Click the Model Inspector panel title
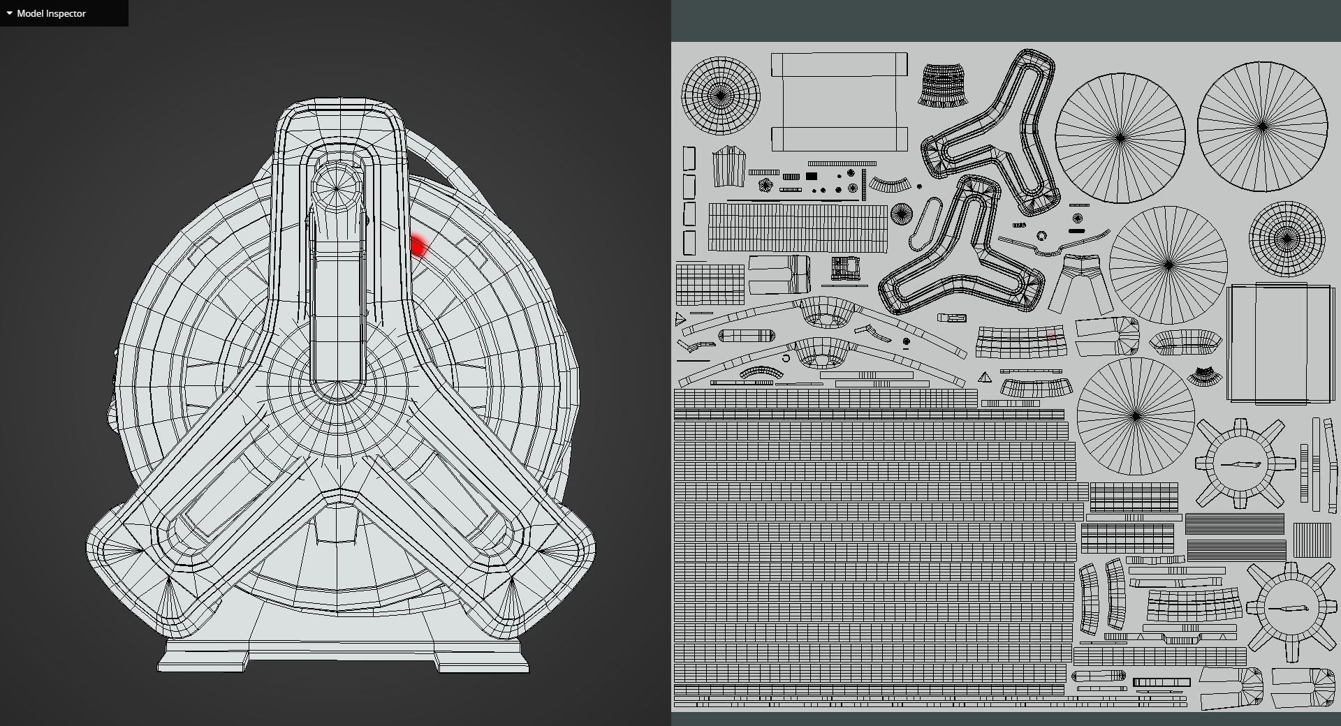tap(51, 13)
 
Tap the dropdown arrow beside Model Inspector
tap(9, 13)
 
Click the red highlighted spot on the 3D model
tap(419, 246)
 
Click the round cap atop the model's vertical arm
tap(337, 188)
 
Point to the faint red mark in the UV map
tap(1050, 338)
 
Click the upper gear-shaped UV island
tap(1240, 464)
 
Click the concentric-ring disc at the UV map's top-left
tap(721, 96)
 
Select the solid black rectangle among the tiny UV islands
tap(812, 176)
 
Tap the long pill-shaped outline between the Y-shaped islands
tap(925, 223)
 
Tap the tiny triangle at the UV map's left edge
tap(680, 320)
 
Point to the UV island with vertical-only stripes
tap(1312, 540)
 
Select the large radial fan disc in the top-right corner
tap(1262, 126)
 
